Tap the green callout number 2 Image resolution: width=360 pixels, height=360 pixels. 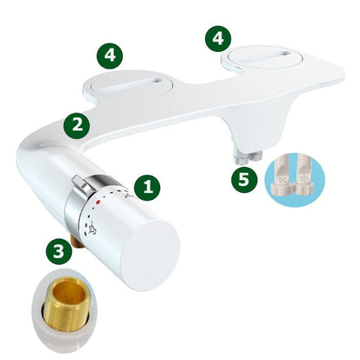coord(78,124)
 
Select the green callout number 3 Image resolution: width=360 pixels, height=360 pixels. coord(57,252)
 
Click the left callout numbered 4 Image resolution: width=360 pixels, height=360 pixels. coord(109,55)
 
